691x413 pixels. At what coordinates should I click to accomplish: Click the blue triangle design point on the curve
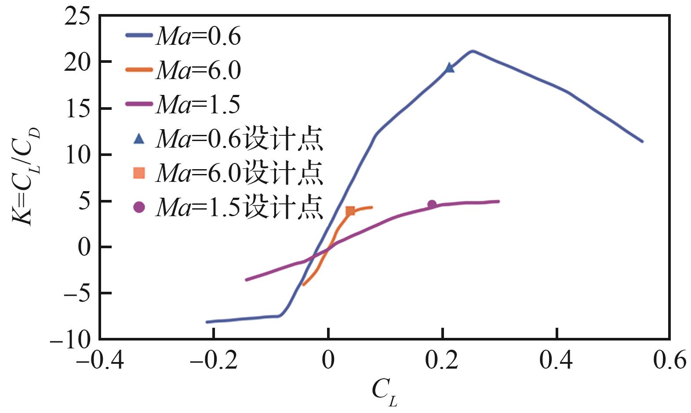click(x=449, y=68)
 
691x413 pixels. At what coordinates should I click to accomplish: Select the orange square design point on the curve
click(x=350, y=211)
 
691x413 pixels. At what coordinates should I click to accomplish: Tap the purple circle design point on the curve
click(x=432, y=204)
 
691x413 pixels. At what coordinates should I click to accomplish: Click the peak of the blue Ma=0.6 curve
click(x=472, y=51)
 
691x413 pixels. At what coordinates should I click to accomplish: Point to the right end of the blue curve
click(x=642, y=141)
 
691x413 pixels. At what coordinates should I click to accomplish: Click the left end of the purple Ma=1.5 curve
click(x=246, y=279)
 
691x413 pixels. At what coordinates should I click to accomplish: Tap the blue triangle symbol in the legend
click(x=139, y=139)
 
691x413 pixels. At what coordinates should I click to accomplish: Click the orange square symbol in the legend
click(x=139, y=173)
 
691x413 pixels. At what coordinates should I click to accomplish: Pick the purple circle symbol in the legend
click(x=139, y=207)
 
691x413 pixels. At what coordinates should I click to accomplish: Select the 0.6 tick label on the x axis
click(x=669, y=360)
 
